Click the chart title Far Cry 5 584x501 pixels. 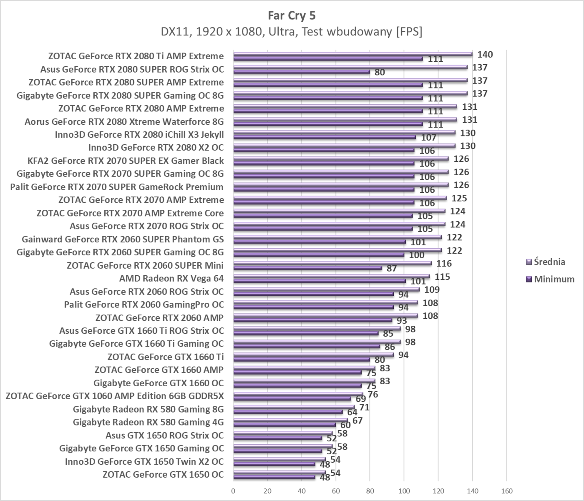[x=292, y=15]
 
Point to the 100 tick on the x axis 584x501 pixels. [x=404, y=491]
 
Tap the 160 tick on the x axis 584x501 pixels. [x=506, y=491]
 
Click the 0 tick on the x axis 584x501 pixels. [x=233, y=491]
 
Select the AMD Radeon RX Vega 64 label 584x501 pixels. [x=171, y=278]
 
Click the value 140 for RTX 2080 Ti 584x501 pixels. [x=485, y=55]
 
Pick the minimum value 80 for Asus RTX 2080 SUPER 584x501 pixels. [x=380, y=72]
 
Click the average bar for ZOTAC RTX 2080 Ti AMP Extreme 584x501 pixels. [x=352, y=54]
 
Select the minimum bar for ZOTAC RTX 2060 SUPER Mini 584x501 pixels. [x=307, y=268]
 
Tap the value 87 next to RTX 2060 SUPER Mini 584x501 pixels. [x=391, y=268]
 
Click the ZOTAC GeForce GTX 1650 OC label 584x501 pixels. [x=163, y=474]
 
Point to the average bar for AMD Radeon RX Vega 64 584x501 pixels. [x=331, y=276]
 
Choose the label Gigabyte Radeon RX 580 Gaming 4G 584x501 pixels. [x=148, y=422]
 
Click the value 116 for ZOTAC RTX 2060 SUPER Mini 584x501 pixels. [x=444, y=264]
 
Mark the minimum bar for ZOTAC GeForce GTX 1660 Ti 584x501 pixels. [x=302, y=359]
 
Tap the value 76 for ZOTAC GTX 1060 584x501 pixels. [x=373, y=394]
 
